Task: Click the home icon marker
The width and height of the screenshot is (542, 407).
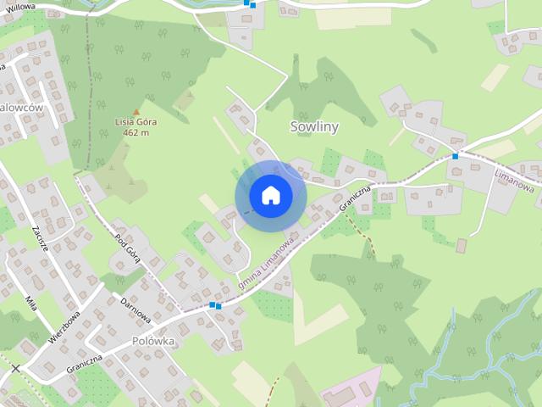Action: (x=271, y=196)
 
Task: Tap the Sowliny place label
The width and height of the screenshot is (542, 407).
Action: (x=314, y=127)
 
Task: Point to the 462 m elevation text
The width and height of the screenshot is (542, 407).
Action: (x=135, y=132)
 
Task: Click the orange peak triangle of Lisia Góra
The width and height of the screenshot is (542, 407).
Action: (x=135, y=111)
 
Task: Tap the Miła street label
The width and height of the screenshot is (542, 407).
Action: (x=31, y=304)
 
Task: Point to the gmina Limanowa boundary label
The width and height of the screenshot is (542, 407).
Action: (x=266, y=259)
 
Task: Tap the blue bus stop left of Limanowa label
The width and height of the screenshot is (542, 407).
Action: (x=456, y=156)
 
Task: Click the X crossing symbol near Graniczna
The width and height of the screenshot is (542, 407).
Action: (x=15, y=368)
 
